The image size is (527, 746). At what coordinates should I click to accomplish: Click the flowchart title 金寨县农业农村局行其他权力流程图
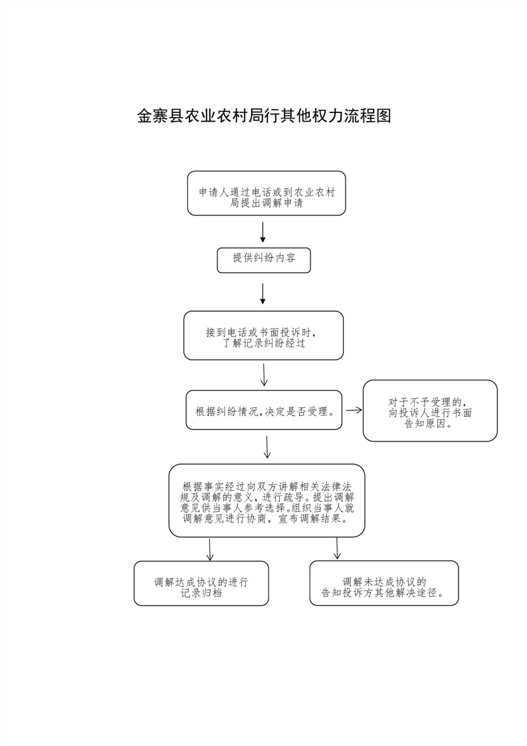click(x=264, y=116)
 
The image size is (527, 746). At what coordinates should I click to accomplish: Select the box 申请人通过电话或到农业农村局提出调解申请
click(x=266, y=193)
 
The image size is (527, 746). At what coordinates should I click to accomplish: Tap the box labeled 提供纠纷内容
click(x=264, y=260)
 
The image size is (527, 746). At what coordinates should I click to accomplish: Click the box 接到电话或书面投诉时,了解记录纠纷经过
click(x=263, y=335)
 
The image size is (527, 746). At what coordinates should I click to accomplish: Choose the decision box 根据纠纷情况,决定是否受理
click(x=264, y=410)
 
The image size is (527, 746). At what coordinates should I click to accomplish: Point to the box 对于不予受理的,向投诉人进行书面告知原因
click(x=430, y=411)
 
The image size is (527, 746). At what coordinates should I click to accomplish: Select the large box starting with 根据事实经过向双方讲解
click(x=267, y=501)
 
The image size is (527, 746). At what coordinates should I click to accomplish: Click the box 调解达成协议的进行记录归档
click(x=201, y=583)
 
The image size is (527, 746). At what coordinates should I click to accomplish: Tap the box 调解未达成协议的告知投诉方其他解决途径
click(x=384, y=583)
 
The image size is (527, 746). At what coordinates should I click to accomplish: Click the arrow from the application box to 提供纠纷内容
click(x=263, y=232)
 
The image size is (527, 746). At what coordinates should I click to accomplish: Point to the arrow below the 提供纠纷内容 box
click(x=263, y=294)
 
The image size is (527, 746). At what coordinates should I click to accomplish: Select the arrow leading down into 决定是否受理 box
click(x=264, y=375)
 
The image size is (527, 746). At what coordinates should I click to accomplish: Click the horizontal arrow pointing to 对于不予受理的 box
click(x=354, y=410)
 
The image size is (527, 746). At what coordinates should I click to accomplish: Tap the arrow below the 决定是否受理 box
click(x=267, y=447)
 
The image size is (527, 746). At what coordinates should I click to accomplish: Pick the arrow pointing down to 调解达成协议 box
click(x=210, y=549)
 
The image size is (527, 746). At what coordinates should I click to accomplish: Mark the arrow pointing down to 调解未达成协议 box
click(x=337, y=548)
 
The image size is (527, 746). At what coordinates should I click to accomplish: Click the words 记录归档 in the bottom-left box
click(x=201, y=593)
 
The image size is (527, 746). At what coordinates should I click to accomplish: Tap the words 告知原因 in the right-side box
click(x=425, y=424)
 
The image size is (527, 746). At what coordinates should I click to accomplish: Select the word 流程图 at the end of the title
click(x=368, y=116)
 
